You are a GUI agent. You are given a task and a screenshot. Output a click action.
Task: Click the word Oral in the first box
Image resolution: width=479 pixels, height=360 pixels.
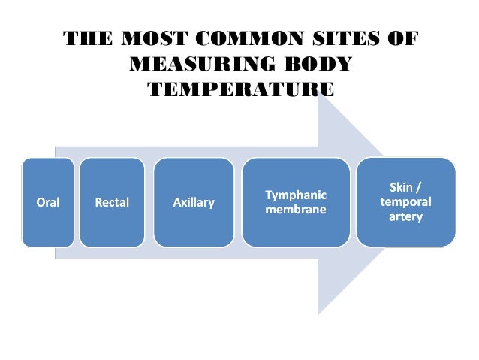point(48,203)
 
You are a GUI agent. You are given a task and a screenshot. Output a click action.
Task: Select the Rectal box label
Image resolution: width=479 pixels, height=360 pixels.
point(112,203)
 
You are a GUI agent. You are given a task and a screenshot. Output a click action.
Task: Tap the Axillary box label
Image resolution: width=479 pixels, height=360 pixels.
point(194,203)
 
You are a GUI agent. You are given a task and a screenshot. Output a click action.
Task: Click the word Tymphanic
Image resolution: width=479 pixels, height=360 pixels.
point(296,195)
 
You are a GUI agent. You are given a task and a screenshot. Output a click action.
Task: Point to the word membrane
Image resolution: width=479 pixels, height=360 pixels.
point(296,210)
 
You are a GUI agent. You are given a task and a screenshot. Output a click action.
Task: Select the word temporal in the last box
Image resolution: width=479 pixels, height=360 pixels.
point(406,201)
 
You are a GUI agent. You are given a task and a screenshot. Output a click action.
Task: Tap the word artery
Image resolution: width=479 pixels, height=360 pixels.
point(406,217)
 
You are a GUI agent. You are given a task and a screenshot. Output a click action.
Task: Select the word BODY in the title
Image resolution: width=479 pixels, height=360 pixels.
point(320,64)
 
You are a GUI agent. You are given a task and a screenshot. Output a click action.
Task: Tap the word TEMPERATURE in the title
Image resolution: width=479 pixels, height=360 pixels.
point(240,89)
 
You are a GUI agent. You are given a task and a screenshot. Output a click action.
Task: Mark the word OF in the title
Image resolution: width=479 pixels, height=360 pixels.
point(400,39)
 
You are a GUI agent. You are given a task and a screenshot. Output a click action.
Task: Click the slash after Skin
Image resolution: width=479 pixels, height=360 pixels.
point(420,186)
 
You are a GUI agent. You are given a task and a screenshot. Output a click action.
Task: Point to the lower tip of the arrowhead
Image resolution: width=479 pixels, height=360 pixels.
point(319,313)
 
